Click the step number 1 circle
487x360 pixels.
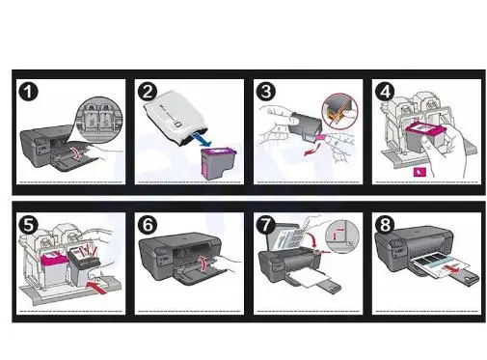pyautogui.click(x=29, y=92)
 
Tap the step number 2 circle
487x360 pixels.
pyautogui.click(x=148, y=92)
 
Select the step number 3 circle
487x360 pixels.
pyautogui.click(x=266, y=92)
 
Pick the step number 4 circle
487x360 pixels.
pyautogui.click(x=385, y=92)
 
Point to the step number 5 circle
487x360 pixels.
pyautogui.click(x=29, y=225)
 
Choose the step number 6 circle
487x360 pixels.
pyautogui.click(x=148, y=225)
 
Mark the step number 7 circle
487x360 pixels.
pyautogui.click(x=266, y=225)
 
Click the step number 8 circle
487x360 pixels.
pyautogui.click(x=385, y=225)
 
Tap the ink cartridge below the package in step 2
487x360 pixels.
pyautogui.click(x=218, y=163)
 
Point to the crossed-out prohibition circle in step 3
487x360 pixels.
pyautogui.click(x=339, y=111)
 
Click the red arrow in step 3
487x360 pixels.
pyautogui.click(x=312, y=151)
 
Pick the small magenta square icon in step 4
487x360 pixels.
pyautogui.click(x=419, y=172)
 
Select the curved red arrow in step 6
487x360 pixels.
pyautogui.click(x=203, y=263)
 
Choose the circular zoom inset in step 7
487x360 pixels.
pyautogui.click(x=342, y=236)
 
